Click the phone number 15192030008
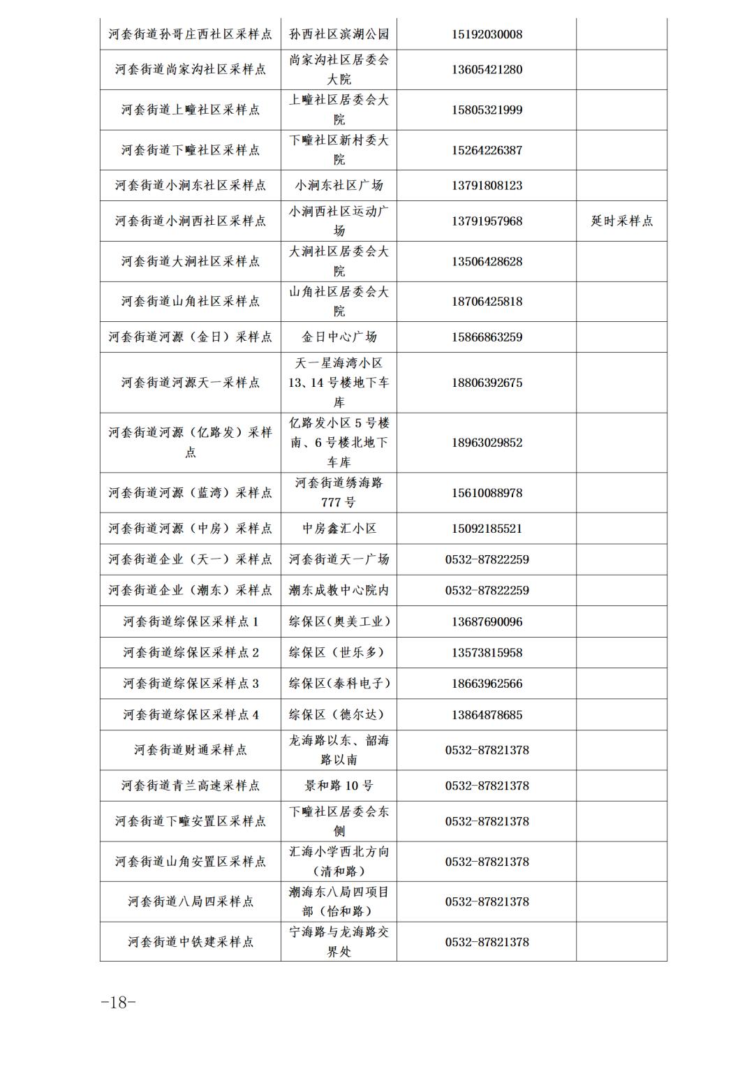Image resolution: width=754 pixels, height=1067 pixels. click(x=487, y=34)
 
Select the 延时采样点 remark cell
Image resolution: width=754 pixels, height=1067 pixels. click(x=621, y=221)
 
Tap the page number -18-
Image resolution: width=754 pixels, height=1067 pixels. click(x=118, y=1002)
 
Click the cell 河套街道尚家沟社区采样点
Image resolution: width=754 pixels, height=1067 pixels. click(x=190, y=70)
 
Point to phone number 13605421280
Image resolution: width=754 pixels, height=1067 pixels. click(x=487, y=70)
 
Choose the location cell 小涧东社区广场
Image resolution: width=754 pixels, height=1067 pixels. click(x=339, y=186)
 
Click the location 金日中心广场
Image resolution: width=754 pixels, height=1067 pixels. click(x=339, y=337)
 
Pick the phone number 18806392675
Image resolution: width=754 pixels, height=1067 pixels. click(x=487, y=383)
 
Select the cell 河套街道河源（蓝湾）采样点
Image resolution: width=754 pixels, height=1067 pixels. click(x=190, y=493)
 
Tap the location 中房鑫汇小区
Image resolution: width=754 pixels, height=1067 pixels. click(x=339, y=529)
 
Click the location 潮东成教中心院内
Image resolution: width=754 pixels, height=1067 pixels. click(x=339, y=590)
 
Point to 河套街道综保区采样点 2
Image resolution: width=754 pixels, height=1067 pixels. click(x=190, y=652)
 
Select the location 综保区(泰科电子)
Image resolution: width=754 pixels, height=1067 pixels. click(x=339, y=684)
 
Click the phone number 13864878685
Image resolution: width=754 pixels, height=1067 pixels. click(x=487, y=715)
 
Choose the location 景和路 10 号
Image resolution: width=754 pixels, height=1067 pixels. click(x=339, y=786)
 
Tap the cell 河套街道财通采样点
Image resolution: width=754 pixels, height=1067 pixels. click(x=190, y=750)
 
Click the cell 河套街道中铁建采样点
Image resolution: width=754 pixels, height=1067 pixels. click(x=190, y=942)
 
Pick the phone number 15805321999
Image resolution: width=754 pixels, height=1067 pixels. click(x=487, y=110)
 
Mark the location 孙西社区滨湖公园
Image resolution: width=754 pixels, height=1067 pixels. click(x=339, y=34)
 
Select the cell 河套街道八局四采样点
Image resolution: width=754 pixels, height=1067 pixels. click(x=190, y=902)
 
